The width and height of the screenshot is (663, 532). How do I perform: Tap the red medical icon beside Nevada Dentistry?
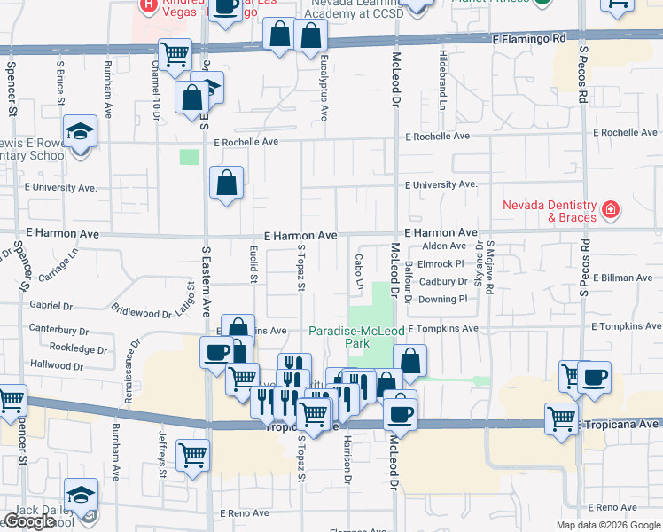click(x=610, y=210)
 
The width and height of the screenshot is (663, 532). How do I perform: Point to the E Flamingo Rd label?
click(x=529, y=39)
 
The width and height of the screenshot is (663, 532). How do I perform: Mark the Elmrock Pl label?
click(x=441, y=263)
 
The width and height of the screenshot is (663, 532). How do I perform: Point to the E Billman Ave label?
click(x=623, y=278)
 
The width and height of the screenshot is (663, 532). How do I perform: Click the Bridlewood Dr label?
click(x=141, y=311)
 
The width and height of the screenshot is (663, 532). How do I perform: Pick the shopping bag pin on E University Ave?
click(x=227, y=183)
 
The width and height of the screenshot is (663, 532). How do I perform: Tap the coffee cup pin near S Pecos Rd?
click(x=595, y=376)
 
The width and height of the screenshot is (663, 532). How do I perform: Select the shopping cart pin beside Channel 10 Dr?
click(x=175, y=55)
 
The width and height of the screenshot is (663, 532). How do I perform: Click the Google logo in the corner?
click(x=30, y=521)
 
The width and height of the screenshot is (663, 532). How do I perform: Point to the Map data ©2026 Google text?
click(x=608, y=525)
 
